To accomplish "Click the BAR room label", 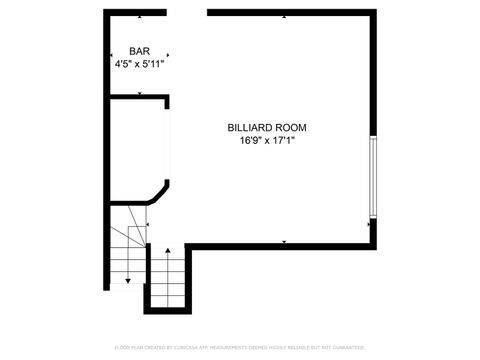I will [140, 51].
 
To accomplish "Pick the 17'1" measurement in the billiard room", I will [281, 141].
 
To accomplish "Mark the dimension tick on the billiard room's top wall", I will [286, 17].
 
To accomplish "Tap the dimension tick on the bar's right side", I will [167, 55].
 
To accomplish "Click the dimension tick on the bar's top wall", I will [140, 17].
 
